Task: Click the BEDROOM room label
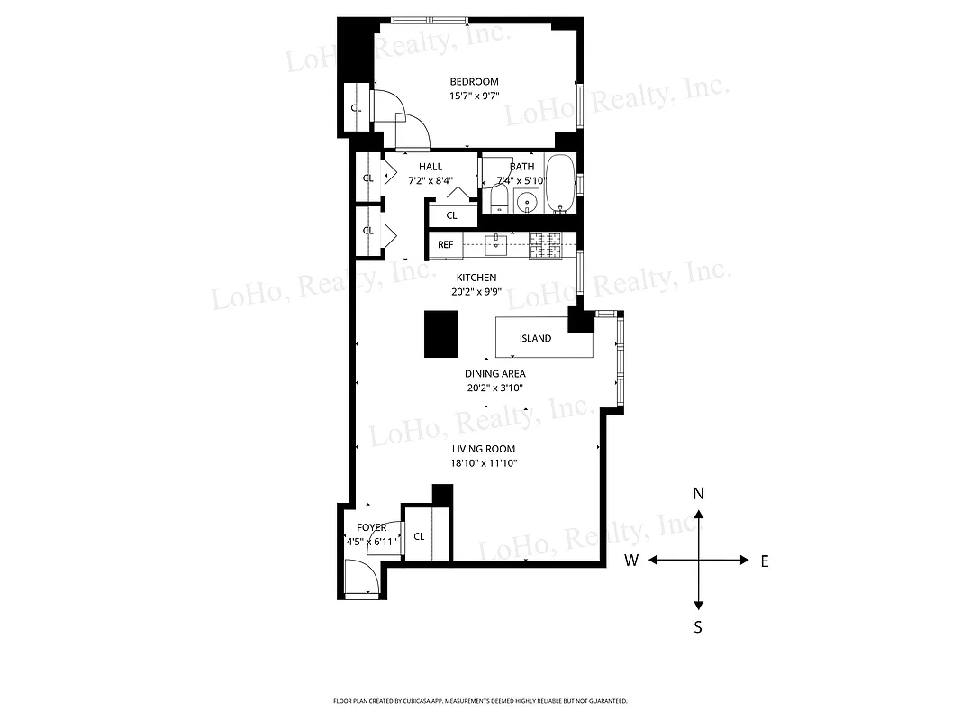click(x=474, y=82)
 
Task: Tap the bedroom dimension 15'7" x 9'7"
click(x=474, y=96)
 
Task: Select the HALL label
click(x=431, y=167)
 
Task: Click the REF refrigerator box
click(x=445, y=244)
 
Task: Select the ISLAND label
click(x=535, y=339)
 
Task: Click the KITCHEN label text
click(x=476, y=278)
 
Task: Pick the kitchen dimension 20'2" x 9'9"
click(x=476, y=292)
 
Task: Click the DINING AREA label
click(x=494, y=374)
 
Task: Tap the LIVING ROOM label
click(x=484, y=449)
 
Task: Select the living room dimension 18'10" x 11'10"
click(x=484, y=463)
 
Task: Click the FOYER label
click(x=371, y=527)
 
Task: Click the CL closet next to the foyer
click(x=419, y=536)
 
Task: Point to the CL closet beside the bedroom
click(x=356, y=108)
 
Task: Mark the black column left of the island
click(x=441, y=333)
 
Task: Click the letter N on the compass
click(x=697, y=494)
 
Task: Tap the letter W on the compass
click(x=631, y=561)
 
